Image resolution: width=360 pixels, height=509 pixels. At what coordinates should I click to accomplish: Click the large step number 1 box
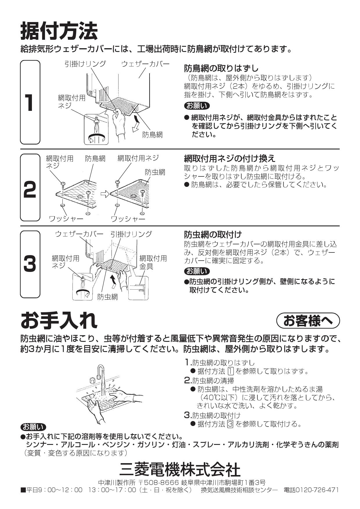click(x=30, y=102)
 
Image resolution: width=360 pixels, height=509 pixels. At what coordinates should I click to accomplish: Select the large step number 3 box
click(x=30, y=264)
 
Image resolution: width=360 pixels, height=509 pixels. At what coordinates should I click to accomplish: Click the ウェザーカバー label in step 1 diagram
click(x=145, y=64)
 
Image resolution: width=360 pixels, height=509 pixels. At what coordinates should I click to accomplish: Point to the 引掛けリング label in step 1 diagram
click(x=85, y=64)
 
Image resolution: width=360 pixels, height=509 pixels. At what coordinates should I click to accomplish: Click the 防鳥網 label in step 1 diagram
click(x=152, y=134)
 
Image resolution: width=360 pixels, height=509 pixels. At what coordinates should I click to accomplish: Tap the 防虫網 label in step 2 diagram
click(x=155, y=172)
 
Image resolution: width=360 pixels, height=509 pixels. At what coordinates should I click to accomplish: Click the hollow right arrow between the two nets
click(x=105, y=194)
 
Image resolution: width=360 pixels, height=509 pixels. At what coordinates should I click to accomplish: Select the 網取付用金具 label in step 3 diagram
click(x=153, y=262)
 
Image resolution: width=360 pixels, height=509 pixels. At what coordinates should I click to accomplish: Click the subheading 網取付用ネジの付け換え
click(x=230, y=158)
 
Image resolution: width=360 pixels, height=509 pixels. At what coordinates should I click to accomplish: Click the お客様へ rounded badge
click(x=308, y=321)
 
